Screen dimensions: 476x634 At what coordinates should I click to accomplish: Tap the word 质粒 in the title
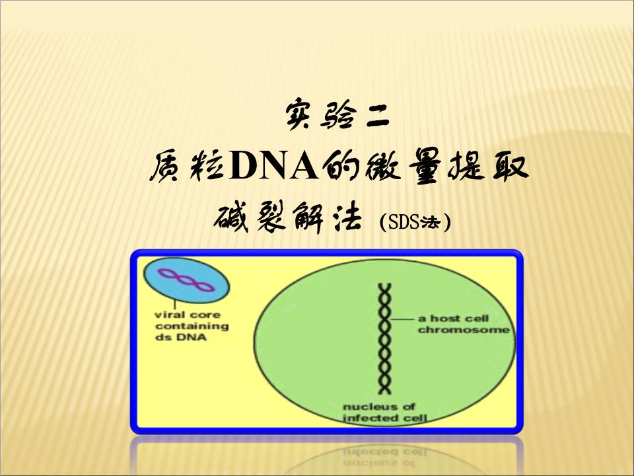coord(186,169)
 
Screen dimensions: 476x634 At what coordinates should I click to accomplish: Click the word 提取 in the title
coord(492,169)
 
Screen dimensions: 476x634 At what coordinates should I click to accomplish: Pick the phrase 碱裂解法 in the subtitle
coord(289,219)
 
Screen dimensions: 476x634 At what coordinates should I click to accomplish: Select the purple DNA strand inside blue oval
coord(187,280)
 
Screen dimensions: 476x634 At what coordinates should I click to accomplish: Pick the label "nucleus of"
coord(379,407)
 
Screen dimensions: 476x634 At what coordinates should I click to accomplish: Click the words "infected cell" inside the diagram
coord(384,418)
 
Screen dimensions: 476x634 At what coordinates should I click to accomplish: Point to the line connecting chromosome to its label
coord(403,319)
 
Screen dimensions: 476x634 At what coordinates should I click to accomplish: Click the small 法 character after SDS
coord(432,223)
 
